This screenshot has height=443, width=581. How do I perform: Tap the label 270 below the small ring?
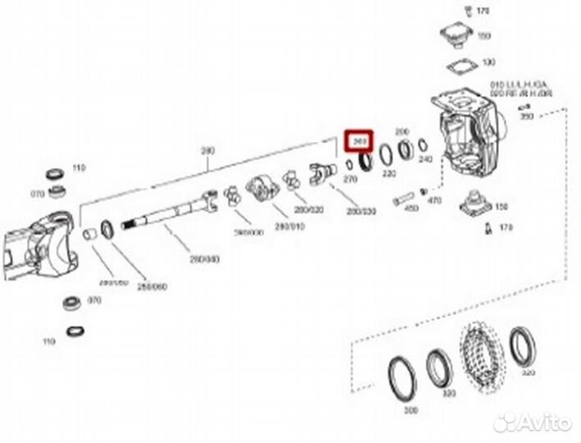point(350,177)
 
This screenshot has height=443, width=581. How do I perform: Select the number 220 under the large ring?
point(388,174)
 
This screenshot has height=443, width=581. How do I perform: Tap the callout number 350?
point(528,118)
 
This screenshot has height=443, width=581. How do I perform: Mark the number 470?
point(435,199)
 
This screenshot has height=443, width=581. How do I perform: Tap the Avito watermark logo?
point(533,422)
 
